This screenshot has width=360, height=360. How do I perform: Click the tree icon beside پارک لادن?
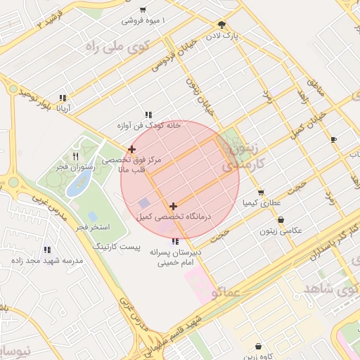[x=222, y=24]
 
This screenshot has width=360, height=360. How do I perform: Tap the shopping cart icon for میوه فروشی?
[x=143, y=10]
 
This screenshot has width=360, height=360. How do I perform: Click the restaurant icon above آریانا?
[x=63, y=98]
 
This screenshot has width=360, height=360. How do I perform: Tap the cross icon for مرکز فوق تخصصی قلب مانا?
[x=131, y=149]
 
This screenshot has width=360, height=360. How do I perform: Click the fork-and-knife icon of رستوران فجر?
[x=76, y=156]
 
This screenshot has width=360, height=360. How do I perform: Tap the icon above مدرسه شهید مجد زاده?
[x=47, y=250]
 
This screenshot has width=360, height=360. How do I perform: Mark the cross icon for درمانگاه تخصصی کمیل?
[x=173, y=206]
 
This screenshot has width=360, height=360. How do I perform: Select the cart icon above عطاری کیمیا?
[x=261, y=192]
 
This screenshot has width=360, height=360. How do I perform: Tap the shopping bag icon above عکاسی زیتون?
[x=281, y=220]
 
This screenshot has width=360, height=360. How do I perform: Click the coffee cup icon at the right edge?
[x=333, y=139]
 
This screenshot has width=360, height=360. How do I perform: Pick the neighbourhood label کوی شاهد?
[x=330, y=289]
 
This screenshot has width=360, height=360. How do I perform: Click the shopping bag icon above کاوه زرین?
[x=259, y=346]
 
